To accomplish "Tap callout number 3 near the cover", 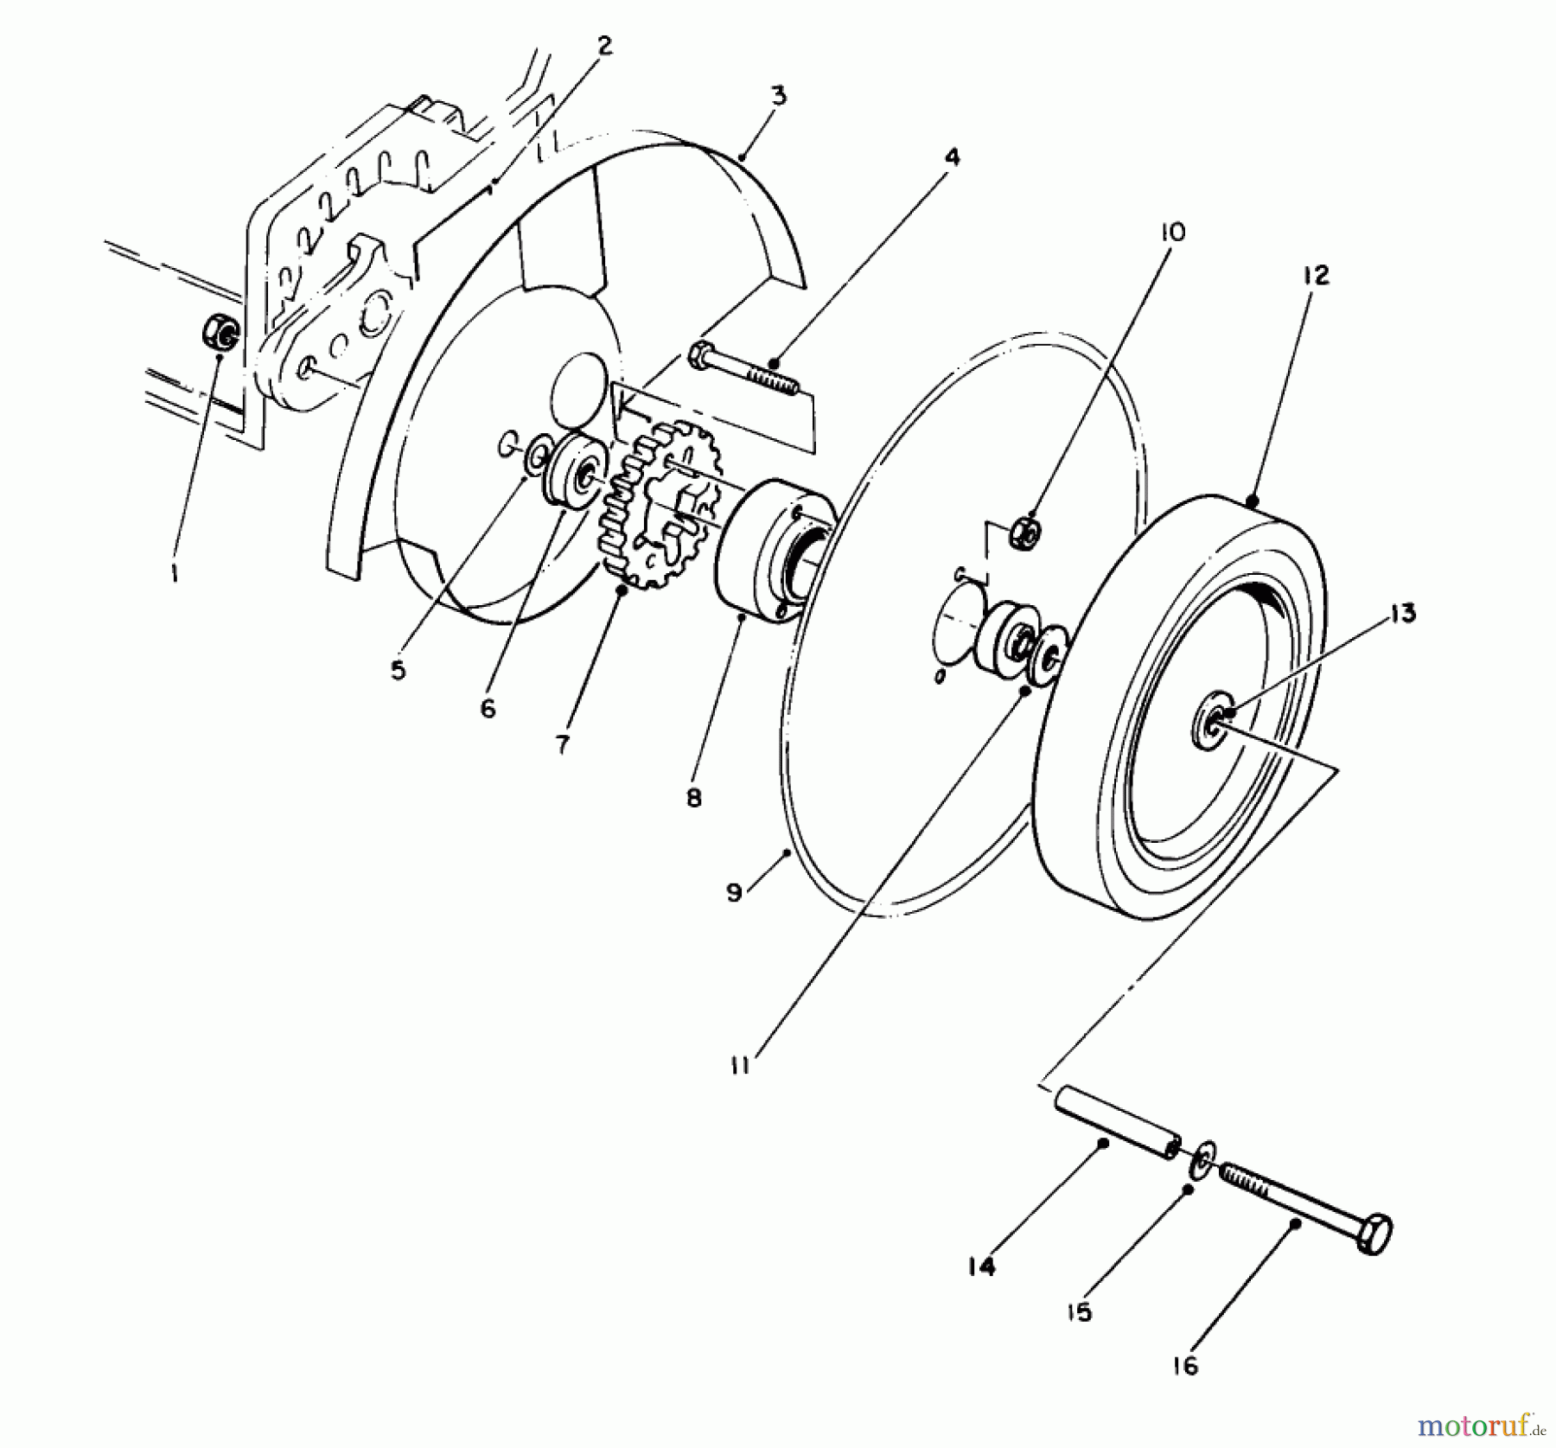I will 779,96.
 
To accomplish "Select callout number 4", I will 951,156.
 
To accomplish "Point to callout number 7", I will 563,744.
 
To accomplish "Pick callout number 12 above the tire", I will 1314,276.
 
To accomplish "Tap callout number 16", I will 1187,1366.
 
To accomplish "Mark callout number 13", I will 1402,615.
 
